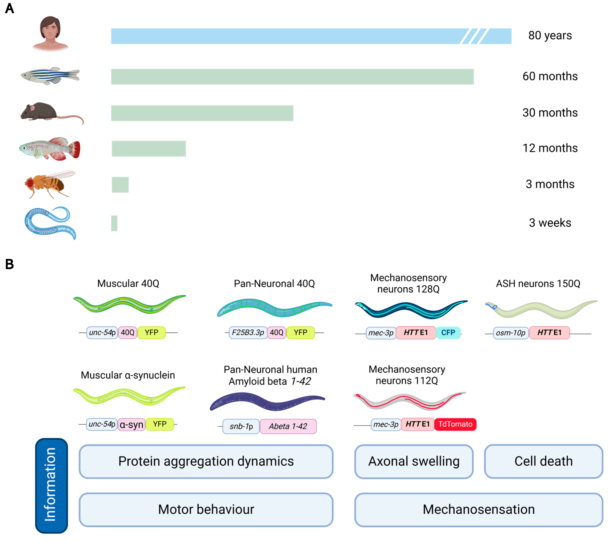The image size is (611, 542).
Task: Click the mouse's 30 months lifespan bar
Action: pos(202,113)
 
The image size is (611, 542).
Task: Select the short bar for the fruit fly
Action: pos(120,185)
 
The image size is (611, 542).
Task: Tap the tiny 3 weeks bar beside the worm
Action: pos(114,223)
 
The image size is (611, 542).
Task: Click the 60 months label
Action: pos(550,77)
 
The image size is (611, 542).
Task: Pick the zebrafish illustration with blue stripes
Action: pos(50,75)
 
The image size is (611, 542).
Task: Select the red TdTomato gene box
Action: pos(455,424)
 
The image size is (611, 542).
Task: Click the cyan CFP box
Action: pos(448,333)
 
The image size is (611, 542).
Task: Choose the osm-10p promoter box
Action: pos(511,333)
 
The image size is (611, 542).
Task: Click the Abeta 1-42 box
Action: pos(288,426)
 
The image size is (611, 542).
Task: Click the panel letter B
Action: pos(10,264)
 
